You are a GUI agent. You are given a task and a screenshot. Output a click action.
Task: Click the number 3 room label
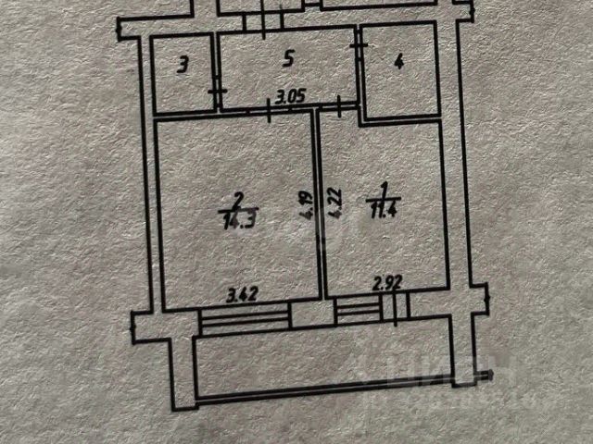(183, 65)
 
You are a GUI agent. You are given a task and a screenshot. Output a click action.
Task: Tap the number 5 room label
(288, 60)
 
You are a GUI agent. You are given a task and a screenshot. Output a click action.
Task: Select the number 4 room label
(398, 63)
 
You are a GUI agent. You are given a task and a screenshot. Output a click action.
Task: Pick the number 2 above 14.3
(238, 198)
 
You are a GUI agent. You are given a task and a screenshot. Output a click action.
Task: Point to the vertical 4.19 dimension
(303, 204)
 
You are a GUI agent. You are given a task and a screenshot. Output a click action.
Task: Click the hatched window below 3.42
(245, 318)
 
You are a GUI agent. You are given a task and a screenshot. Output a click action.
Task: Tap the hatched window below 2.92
(359, 312)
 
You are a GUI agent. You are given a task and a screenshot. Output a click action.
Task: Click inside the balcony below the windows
(324, 365)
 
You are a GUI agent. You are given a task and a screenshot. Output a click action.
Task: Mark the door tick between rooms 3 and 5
(216, 92)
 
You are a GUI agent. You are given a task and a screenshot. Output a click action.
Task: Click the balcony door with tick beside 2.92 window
(396, 311)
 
